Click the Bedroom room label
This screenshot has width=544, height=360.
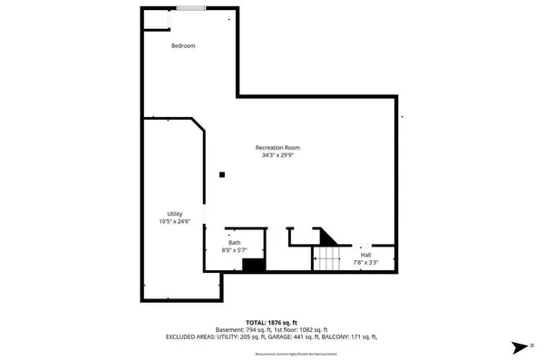pos(184,45)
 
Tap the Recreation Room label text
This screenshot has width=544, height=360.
pos(277,148)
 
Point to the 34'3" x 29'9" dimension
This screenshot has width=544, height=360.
pos(277,155)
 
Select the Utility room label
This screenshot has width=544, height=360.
pos(174,214)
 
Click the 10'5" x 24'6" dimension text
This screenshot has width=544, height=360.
pos(174,221)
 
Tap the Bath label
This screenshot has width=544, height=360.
pos(234,242)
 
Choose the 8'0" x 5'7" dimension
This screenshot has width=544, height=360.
pos(234,249)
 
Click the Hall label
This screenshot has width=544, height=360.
pos(365,255)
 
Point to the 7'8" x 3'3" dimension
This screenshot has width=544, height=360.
pos(365,262)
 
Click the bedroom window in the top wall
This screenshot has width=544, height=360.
pos(189,8)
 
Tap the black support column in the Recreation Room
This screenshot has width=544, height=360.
pos(221,175)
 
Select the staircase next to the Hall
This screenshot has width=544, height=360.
pos(327,259)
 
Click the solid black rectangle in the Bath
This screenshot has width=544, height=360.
pos(253,265)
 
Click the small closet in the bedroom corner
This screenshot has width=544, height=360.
pos(157,21)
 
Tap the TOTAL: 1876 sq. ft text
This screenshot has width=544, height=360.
pos(271,322)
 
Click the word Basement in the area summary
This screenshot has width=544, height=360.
pos(229,329)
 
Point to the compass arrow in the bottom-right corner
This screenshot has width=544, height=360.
pos(520,345)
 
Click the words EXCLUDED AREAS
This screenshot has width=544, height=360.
pos(192,336)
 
